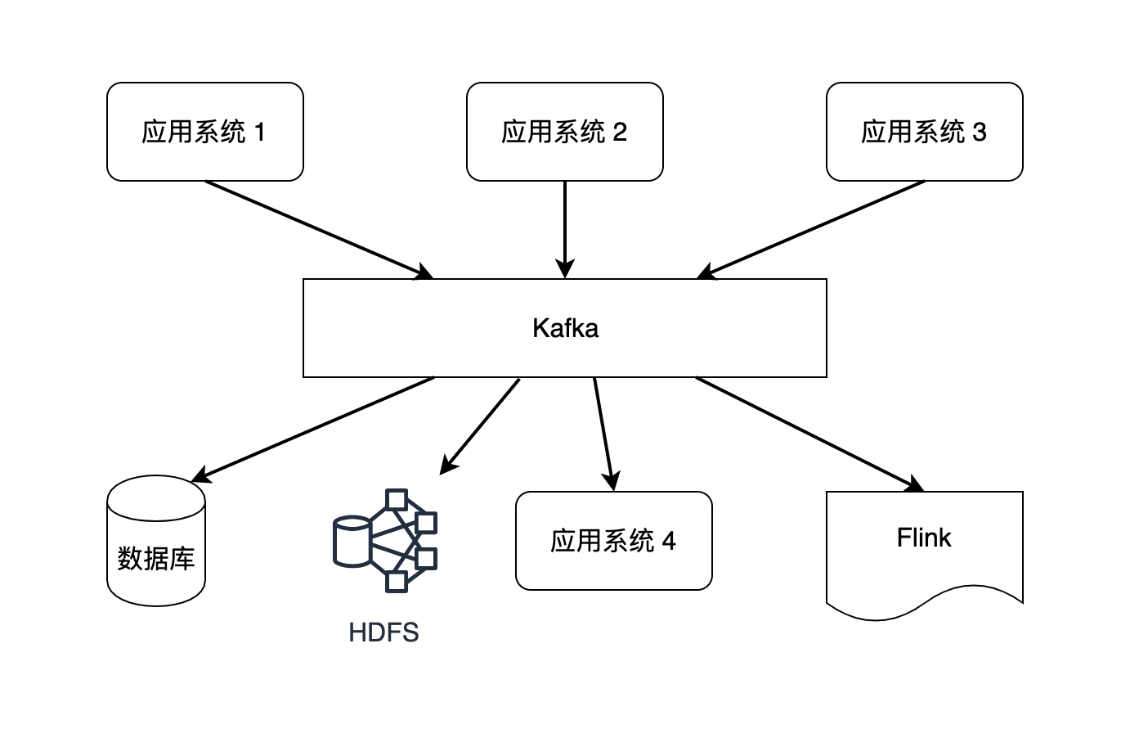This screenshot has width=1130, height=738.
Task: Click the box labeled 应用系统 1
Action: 204,132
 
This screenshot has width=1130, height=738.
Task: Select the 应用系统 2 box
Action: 564,132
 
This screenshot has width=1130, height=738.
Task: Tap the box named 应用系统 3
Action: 924,132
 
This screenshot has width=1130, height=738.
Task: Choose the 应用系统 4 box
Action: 613,541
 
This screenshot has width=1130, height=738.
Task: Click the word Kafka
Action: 565,328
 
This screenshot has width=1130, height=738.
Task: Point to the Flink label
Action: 924,538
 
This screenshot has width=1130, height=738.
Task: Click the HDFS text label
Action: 383,632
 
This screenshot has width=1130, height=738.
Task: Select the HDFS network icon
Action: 385,540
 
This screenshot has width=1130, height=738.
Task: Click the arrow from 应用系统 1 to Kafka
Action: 319,230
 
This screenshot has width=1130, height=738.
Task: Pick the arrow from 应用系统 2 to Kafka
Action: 565,229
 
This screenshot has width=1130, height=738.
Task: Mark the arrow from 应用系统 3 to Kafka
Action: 809,230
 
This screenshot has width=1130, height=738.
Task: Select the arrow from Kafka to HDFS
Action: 481,425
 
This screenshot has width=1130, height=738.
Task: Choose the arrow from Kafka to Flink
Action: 809,434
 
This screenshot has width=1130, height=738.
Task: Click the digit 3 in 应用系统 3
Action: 980,132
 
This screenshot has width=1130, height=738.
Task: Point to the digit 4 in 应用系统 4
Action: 669,541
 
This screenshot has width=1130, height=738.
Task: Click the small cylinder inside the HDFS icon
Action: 352,541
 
